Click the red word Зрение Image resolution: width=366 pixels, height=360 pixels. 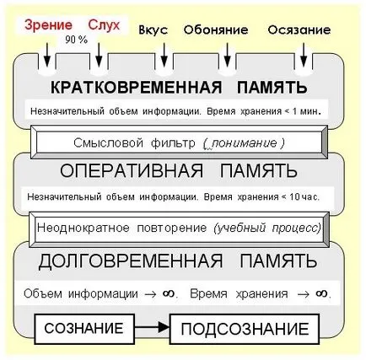48,25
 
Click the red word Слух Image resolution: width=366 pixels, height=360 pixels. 104,25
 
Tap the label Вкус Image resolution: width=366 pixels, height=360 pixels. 153,30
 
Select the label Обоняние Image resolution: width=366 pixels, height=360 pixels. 216,30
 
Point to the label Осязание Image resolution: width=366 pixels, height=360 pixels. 299,30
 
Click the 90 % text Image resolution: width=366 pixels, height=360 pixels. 77,40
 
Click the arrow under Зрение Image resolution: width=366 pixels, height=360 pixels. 47,55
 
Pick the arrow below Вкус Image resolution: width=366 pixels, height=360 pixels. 164,55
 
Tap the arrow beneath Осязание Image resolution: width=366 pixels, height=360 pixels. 304,55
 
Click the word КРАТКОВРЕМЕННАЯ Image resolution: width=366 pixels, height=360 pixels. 137,87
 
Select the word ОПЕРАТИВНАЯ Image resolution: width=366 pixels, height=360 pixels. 132,170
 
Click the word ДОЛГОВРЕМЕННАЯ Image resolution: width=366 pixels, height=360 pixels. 131,261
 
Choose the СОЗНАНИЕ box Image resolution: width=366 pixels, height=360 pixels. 84,328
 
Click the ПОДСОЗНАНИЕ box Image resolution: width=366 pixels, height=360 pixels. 245,329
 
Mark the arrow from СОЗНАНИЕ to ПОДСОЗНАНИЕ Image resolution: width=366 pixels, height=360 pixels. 152,327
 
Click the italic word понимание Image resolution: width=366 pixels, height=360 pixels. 245,143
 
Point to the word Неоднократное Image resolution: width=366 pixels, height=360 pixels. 83,228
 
